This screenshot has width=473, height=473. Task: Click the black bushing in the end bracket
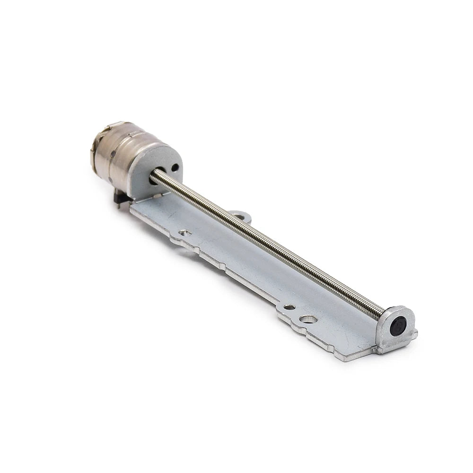point(398,327)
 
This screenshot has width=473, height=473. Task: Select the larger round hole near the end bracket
point(308,319)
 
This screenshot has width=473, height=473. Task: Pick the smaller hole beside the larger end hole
point(289,307)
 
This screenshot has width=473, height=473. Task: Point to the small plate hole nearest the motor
point(185,232)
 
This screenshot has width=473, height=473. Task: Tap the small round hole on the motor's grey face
point(175,167)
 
